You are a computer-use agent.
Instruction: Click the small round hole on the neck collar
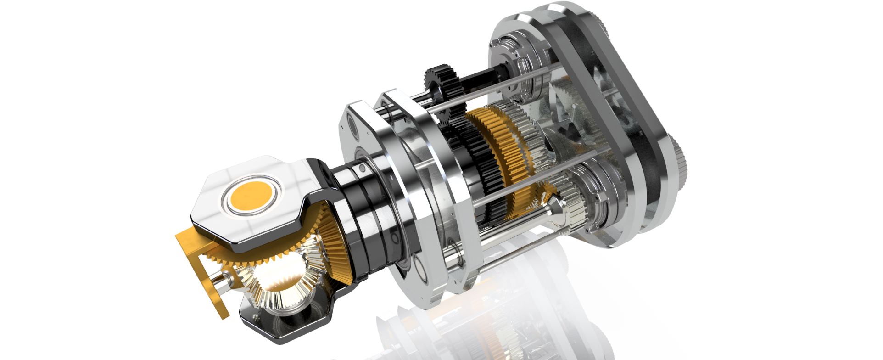pyautogui.click(x=363, y=170)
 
